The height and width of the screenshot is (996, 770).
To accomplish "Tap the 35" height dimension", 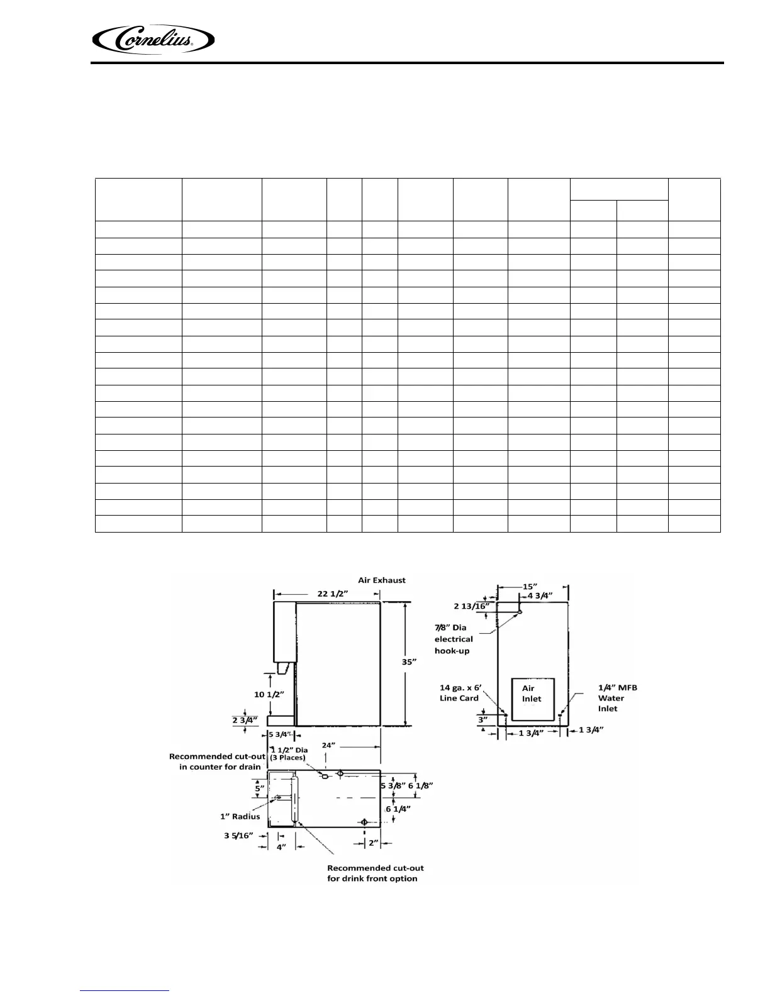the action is pyautogui.click(x=410, y=661).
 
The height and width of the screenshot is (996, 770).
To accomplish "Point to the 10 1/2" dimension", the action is pyautogui.click(x=269, y=695).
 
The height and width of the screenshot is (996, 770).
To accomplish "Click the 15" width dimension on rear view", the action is pyautogui.click(x=530, y=587).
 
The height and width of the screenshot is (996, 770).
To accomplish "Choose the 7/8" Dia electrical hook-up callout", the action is pyautogui.click(x=454, y=639).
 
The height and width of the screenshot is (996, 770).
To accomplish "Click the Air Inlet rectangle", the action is pyautogui.click(x=532, y=699).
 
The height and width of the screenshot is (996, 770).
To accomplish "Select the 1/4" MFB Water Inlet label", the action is pyautogui.click(x=617, y=698).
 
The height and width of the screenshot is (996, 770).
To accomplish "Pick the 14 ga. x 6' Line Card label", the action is pyautogui.click(x=459, y=693).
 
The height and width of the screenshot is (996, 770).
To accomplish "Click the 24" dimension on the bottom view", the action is pyautogui.click(x=329, y=745).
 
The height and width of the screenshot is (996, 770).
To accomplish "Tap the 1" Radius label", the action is pyautogui.click(x=240, y=816).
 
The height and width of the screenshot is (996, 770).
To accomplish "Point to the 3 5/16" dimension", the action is pyautogui.click(x=238, y=836).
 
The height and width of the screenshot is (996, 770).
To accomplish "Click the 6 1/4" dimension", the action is pyautogui.click(x=398, y=809).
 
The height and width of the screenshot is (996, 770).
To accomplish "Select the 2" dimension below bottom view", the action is pyautogui.click(x=374, y=843).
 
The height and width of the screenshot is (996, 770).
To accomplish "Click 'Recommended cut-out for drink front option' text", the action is pyautogui.click(x=372, y=873).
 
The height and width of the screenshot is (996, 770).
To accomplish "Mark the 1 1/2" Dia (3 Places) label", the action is pyautogui.click(x=289, y=753).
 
